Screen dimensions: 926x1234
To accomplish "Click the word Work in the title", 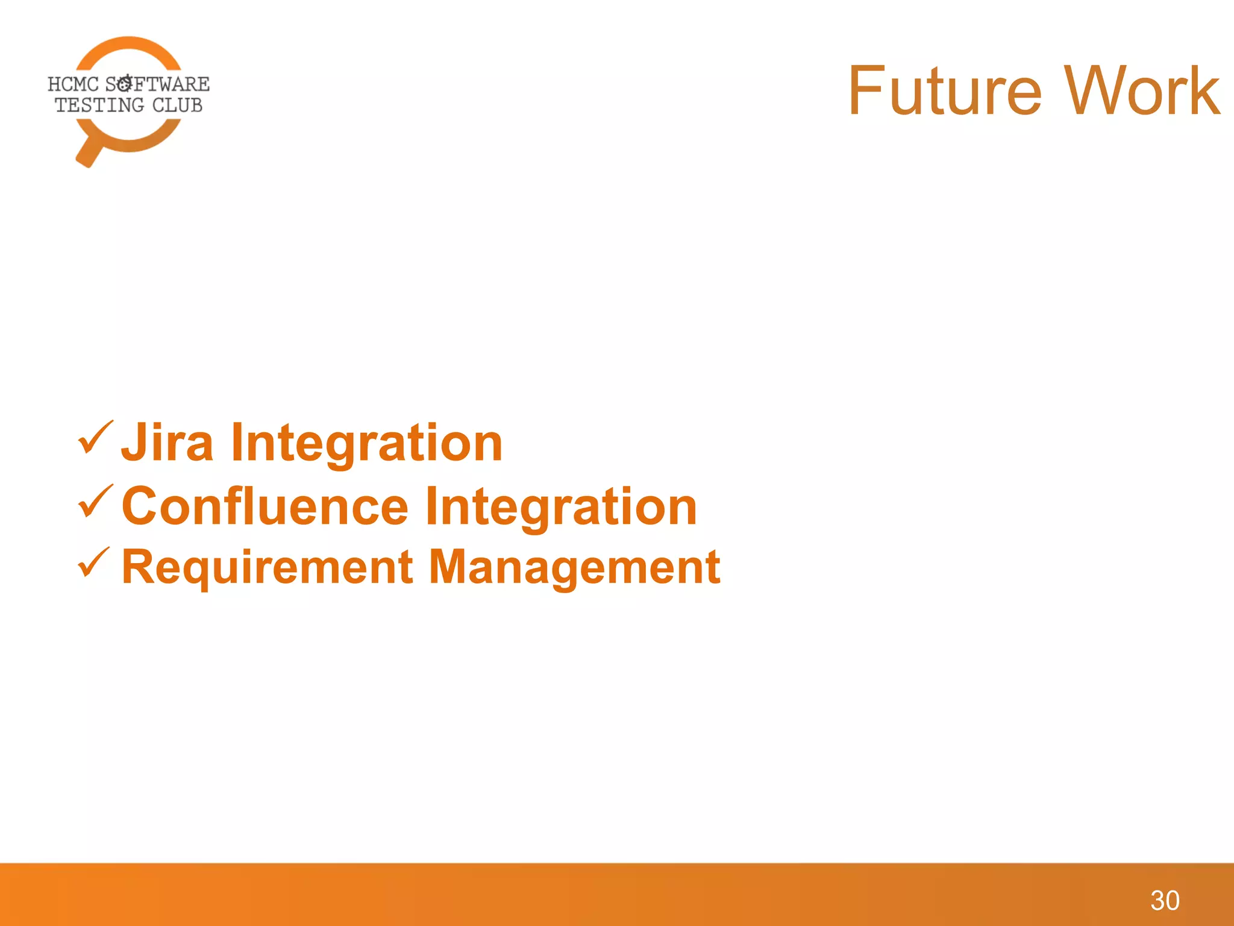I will pyautogui.click(x=1141, y=92).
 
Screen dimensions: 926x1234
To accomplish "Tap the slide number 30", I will pyautogui.click(x=1164, y=901).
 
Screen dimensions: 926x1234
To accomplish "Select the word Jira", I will pyautogui.click(x=168, y=443).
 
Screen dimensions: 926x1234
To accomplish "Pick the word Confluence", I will pyautogui.click(x=265, y=506).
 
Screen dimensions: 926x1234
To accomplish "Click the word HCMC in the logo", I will pyautogui.click(x=73, y=84).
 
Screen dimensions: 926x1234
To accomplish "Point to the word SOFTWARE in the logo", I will pyautogui.click(x=158, y=84).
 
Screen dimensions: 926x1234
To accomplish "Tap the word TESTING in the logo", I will pyautogui.click(x=99, y=106).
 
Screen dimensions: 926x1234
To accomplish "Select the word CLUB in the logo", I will pyautogui.click(x=177, y=106).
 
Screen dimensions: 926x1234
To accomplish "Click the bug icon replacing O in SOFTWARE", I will pyautogui.click(x=125, y=83).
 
